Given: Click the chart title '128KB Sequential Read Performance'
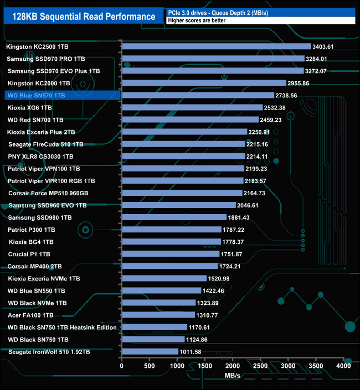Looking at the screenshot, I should (84, 17).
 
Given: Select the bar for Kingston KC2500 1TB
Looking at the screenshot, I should (217, 46).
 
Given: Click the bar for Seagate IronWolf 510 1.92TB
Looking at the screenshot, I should (150, 351).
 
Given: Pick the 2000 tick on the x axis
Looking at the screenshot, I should (233, 366).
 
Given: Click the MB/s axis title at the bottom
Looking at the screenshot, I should (232, 376).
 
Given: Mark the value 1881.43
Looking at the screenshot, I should (241, 217).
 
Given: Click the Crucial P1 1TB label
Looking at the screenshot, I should (29, 254).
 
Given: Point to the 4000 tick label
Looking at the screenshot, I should (344, 366).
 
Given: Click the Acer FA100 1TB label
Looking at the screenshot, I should (31, 315).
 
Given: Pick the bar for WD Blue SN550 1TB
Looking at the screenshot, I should (161, 290).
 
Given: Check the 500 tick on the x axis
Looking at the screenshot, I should (150, 366).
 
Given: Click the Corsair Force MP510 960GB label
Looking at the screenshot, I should (48, 193).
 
